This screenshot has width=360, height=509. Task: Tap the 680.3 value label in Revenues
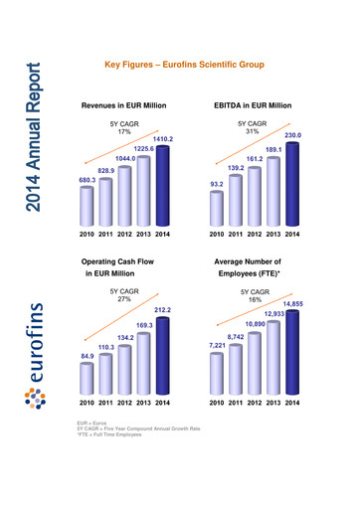click(88, 180)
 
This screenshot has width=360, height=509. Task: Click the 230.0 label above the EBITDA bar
click(292, 134)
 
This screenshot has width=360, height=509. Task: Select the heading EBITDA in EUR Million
click(253, 103)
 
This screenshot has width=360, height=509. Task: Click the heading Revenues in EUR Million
click(123, 103)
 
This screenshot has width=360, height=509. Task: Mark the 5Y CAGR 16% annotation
click(256, 294)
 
